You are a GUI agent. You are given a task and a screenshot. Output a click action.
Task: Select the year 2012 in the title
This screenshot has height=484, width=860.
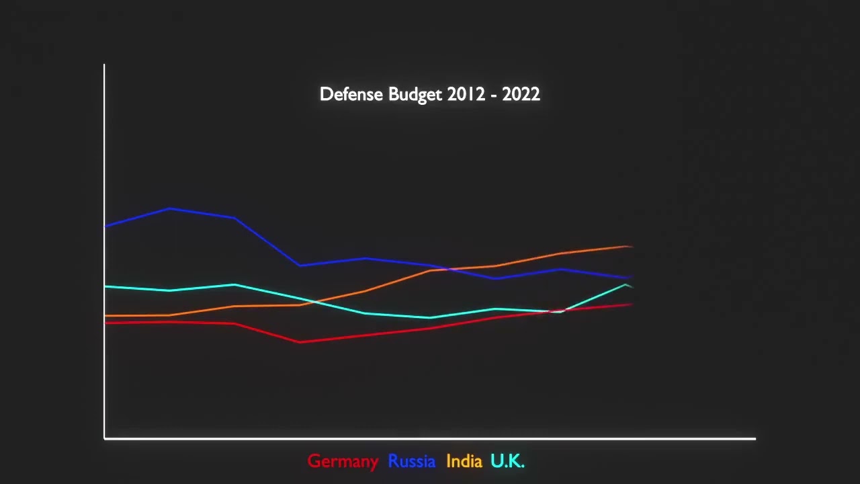click(x=466, y=94)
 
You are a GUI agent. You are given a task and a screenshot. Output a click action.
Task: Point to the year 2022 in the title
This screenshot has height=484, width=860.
click(x=521, y=94)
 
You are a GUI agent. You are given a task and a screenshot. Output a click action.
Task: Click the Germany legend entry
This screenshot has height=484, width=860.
click(x=343, y=461)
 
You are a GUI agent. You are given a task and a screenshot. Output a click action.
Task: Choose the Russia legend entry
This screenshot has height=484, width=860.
click(x=411, y=461)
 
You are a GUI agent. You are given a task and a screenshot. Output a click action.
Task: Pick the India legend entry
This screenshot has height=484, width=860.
click(x=464, y=461)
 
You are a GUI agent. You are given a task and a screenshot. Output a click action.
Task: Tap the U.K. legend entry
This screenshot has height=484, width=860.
click(x=507, y=461)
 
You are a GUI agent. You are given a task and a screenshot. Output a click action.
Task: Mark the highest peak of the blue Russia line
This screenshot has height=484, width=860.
click(x=171, y=208)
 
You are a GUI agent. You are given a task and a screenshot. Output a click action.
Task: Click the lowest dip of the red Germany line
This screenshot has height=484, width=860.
click(x=300, y=341)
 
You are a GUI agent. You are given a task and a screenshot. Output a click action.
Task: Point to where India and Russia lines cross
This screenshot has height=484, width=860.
click(x=449, y=269)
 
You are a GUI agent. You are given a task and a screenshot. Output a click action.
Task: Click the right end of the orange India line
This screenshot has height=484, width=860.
click(x=631, y=247)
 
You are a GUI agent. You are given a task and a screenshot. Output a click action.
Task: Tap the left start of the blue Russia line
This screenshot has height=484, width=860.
click(x=105, y=227)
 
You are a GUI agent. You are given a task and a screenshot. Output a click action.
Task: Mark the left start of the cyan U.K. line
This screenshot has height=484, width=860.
click(x=105, y=286)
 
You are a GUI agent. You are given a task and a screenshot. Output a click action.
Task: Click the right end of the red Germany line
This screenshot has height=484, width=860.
click(x=631, y=305)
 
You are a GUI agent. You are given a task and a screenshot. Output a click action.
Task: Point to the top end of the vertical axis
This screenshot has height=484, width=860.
click(x=104, y=65)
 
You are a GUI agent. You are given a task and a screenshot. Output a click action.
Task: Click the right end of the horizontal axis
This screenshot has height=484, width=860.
click(x=755, y=438)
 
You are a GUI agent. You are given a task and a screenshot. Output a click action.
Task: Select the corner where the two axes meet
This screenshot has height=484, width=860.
click(x=105, y=438)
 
